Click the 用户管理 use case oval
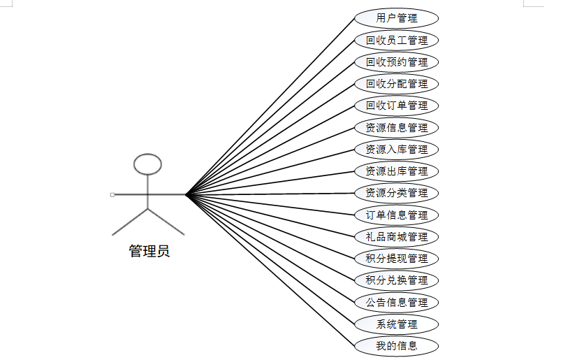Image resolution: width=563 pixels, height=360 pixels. [x=396, y=18]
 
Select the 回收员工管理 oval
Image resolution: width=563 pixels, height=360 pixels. [x=396, y=40]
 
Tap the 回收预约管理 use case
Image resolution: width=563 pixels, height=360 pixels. [x=396, y=62]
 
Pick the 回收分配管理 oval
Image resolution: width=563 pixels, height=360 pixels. [x=396, y=84]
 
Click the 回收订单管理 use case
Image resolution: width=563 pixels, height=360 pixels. [x=396, y=106]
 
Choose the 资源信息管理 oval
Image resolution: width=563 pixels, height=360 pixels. [x=396, y=127]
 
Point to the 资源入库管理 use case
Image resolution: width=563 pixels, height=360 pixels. [x=396, y=149]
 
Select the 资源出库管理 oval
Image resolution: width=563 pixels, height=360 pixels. [x=396, y=171]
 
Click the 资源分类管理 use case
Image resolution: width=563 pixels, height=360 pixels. [x=396, y=192]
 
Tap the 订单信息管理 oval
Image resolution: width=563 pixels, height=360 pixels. [x=396, y=215]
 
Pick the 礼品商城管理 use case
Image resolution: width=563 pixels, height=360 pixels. [x=396, y=236]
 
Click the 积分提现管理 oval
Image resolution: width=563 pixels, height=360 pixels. [x=396, y=258]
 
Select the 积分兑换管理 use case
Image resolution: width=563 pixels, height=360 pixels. [x=396, y=280]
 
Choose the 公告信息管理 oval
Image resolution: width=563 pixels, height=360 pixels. [x=396, y=302]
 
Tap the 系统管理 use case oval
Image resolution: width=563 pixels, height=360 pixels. [x=396, y=324]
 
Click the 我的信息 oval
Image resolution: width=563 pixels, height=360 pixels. [x=396, y=345]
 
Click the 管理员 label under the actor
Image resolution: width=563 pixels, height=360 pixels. [x=149, y=251]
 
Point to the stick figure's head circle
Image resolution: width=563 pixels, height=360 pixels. [x=147, y=164]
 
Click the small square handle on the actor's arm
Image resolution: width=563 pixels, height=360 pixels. [x=112, y=194]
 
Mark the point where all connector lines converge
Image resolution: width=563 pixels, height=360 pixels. [x=187, y=194]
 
